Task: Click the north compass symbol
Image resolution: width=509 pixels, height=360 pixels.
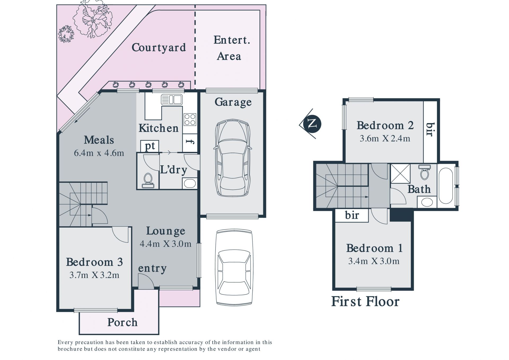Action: point(312,124)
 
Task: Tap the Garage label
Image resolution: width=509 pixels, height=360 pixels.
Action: point(233,102)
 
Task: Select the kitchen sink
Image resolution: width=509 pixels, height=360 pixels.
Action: point(172,100)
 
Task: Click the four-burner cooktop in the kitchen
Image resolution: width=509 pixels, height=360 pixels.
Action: point(190,119)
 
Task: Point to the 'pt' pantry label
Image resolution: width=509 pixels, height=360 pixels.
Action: point(150,146)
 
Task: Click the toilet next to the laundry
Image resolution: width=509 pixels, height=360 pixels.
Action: point(148,180)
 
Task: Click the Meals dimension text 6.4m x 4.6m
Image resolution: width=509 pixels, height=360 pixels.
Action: point(99,153)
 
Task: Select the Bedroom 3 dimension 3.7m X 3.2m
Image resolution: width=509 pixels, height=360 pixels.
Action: point(94,275)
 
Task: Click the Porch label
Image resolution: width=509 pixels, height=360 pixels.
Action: point(122,322)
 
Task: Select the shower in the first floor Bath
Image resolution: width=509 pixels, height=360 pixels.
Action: point(400,174)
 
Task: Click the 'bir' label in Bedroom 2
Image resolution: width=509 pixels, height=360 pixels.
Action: point(430,129)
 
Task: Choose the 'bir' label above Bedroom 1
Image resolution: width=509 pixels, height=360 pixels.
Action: point(352,215)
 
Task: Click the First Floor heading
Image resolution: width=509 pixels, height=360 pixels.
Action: point(365,302)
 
